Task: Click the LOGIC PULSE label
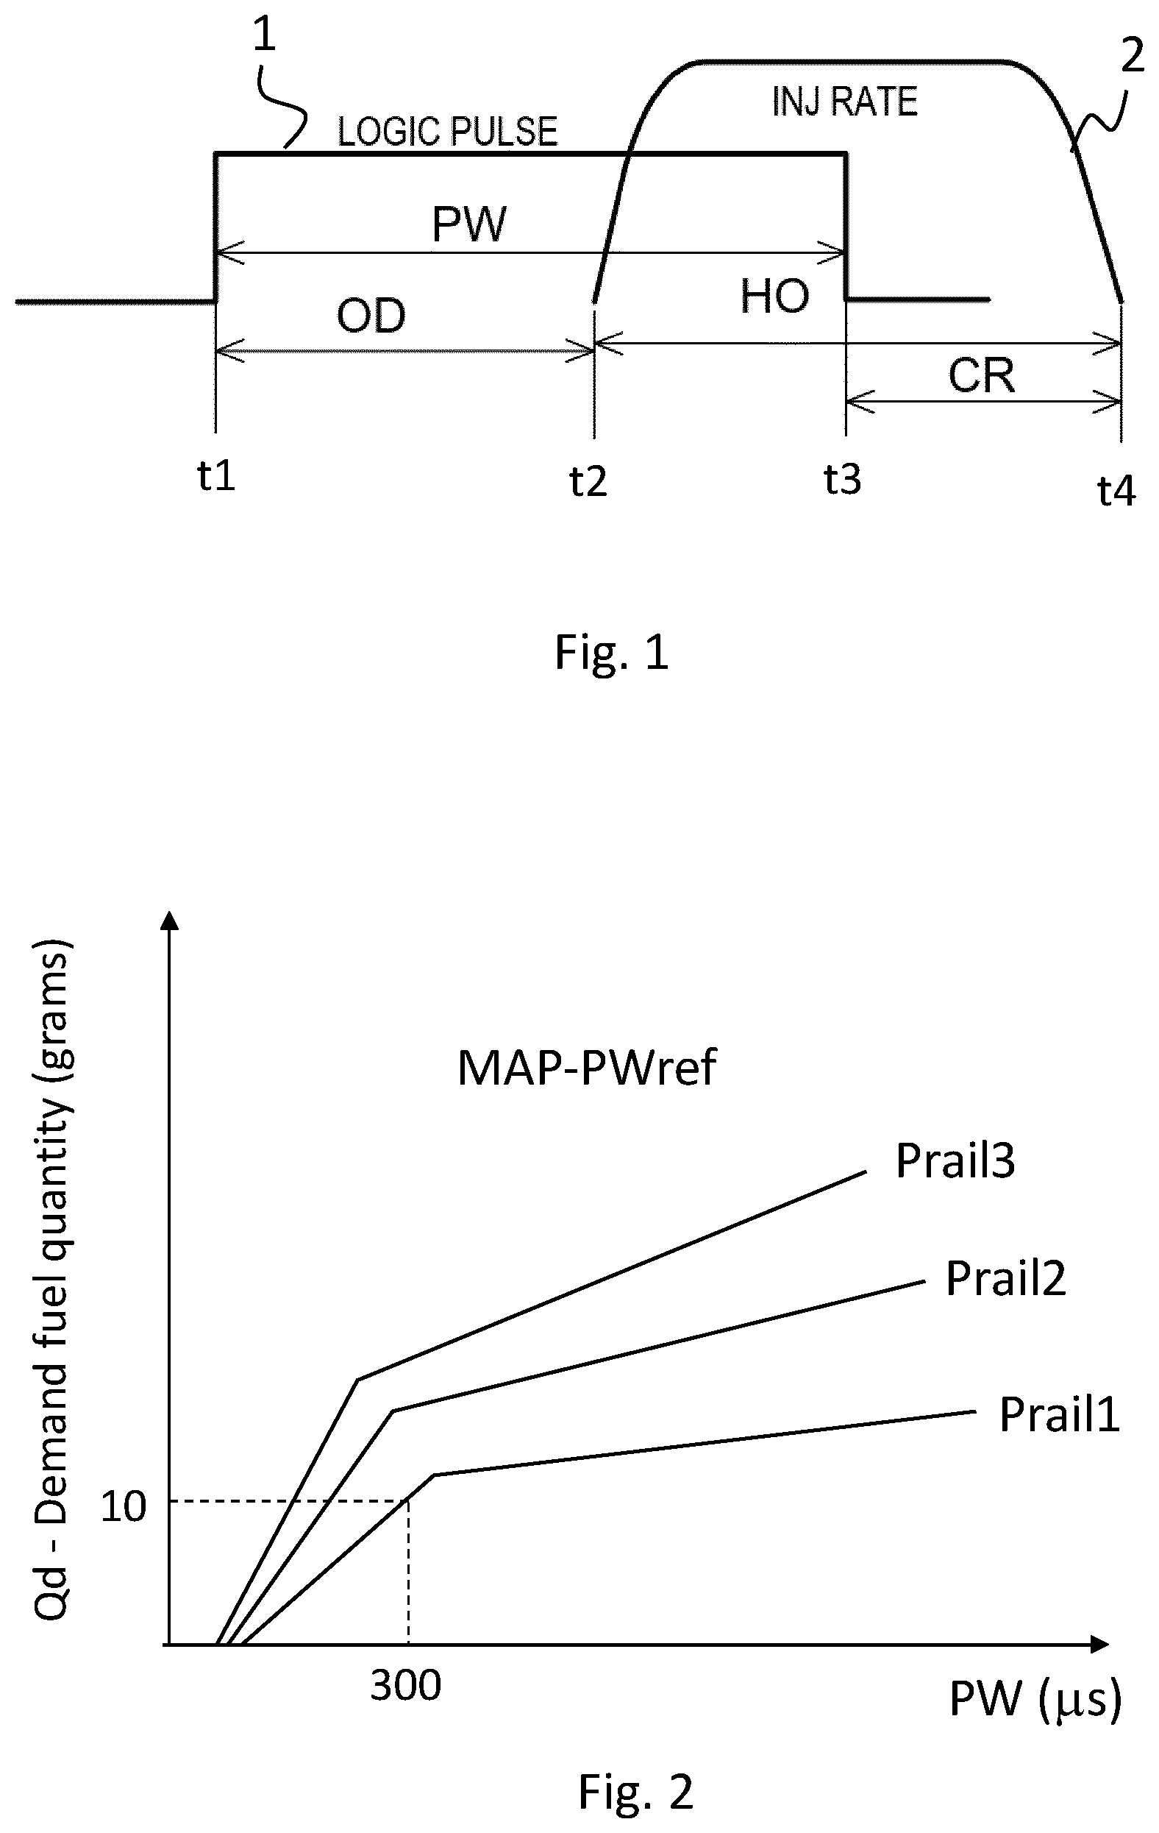[447, 132]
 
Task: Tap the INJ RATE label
[845, 102]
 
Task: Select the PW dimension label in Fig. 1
[468, 224]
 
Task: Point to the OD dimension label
[371, 315]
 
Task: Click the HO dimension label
[774, 296]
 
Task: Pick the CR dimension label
[982, 375]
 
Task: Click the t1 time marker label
[216, 476]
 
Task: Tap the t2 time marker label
[588, 481]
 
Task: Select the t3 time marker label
[843, 480]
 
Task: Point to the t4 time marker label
[1116, 491]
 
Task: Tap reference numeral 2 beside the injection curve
[1133, 56]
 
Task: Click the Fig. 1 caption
[612, 653]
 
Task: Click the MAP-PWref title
[586, 1068]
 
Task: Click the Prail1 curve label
[1059, 1415]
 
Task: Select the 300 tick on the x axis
[406, 1686]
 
